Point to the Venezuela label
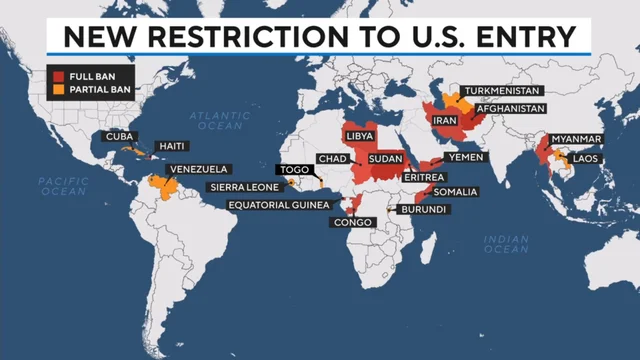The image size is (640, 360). click(x=198, y=169)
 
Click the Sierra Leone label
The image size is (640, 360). click(x=244, y=186)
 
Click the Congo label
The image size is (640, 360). click(x=353, y=222)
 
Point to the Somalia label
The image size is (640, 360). click(x=456, y=191)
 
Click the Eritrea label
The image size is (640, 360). click(x=422, y=176)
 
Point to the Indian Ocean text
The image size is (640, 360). click(x=506, y=243)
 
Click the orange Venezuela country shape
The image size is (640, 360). click(x=158, y=188)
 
